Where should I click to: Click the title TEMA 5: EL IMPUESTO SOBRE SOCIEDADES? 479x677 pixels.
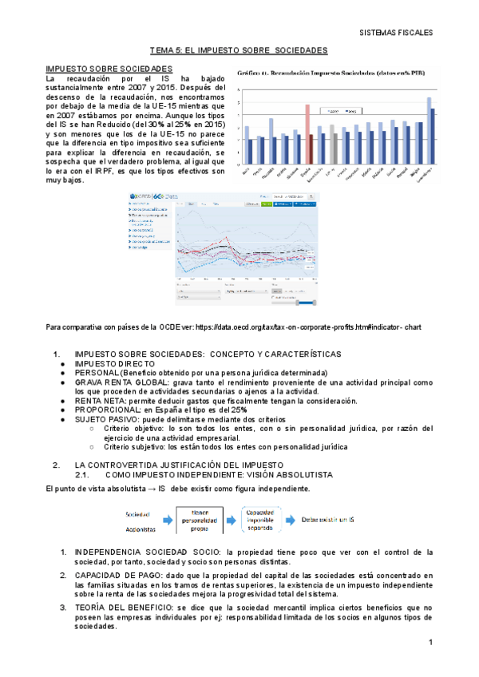point(239,50)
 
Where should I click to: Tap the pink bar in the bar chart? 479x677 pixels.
point(307,133)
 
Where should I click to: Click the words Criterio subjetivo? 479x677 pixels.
point(134,447)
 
